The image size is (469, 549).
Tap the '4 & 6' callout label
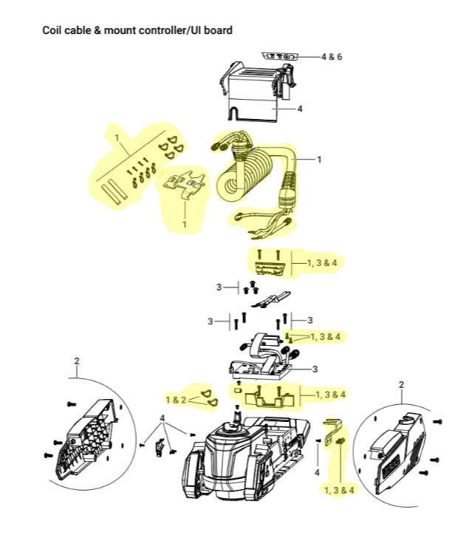(332, 57)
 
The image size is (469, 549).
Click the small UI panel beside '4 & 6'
(280, 56)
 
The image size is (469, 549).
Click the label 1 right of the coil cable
(319, 160)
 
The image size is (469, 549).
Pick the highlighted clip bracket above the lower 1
(185, 185)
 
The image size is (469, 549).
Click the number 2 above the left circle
(77, 361)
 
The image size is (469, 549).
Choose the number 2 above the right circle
(402, 384)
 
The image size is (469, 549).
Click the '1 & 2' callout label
(176, 400)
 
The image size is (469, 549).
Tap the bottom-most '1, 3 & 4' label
(339, 490)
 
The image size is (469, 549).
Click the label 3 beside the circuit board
(315, 369)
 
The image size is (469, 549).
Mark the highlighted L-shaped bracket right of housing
(332, 432)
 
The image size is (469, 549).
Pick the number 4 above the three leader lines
(162, 418)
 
